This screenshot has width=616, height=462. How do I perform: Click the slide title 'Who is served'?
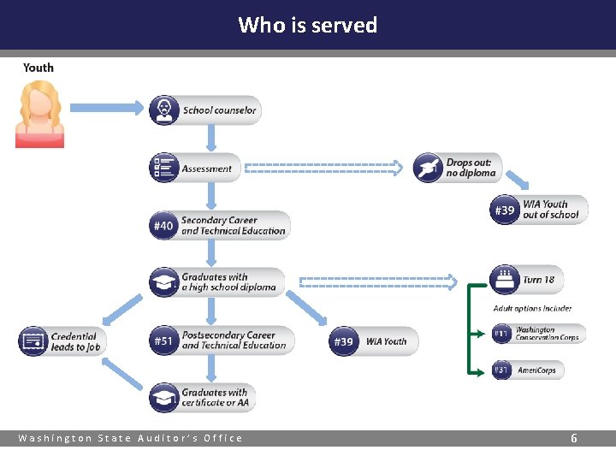pyautogui.click(x=307, y=25)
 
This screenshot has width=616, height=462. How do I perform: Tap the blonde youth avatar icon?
pyautogui.click(x=39, y=114)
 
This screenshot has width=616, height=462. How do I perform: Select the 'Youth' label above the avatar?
pyautogui.click(x=38, y=68)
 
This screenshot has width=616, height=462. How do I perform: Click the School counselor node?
pyautogui.click(x=204, y=110)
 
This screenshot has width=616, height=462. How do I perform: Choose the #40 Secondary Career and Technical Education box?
pyautogui.click(x=220, y=226)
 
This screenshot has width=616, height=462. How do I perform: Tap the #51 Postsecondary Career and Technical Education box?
pyautogui.click(x=222, y=341)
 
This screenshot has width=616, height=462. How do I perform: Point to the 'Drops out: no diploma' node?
pyautogui.click(x=458, y=168)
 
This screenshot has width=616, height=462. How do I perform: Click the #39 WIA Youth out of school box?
pyautogui.click(x=539, y=210)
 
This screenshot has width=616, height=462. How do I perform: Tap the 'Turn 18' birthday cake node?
pyautogui.click(x=527, y=280)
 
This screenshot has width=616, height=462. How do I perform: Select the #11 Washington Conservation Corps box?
pyautogui.click(x=538, y=334)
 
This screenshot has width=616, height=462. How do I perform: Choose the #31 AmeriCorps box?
pyautogui.click(x=528, y=370)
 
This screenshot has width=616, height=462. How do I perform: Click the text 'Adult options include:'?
pyautogui.click(x=532, y=308)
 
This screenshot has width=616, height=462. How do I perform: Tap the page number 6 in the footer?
pyautogui.click(x=574, y=438)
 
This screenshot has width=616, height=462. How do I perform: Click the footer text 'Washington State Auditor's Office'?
pyautogui.click(x=131, y=438)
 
